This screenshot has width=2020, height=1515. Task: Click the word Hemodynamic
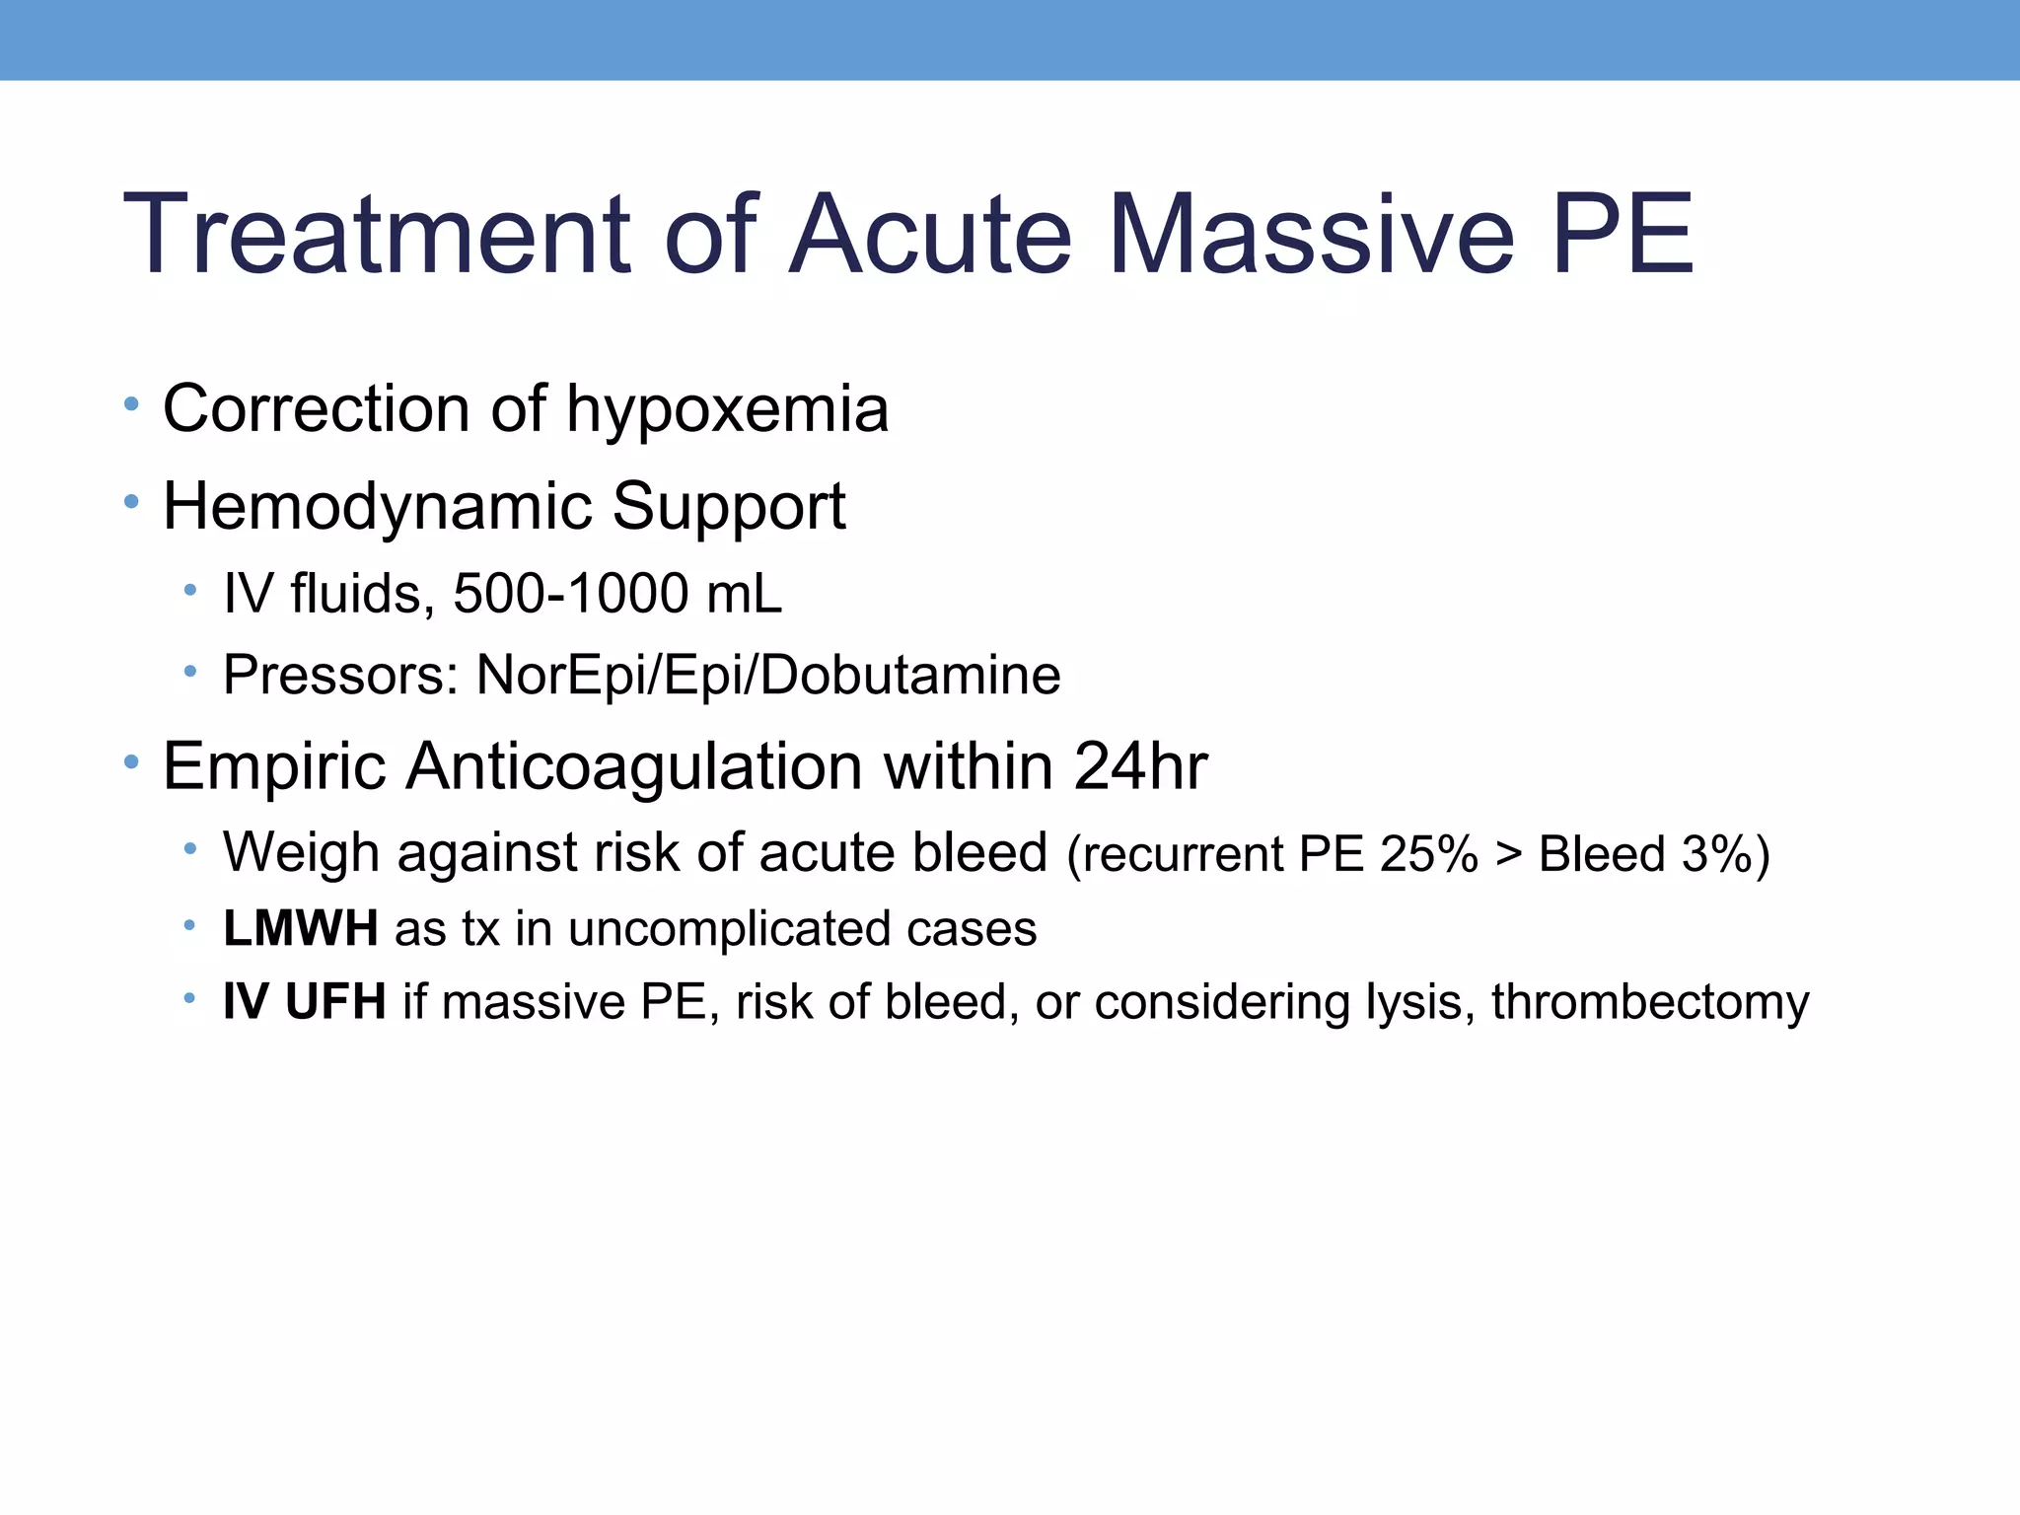point(377,507)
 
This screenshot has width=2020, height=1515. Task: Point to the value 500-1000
point(570,594)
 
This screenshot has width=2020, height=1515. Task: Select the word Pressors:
point(340,676)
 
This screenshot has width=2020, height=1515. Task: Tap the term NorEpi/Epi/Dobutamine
point(768,676)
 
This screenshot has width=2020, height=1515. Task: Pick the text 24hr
point(1140,765)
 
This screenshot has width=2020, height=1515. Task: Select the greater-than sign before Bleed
point(1508,854)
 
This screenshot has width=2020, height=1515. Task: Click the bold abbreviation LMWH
point(301,928)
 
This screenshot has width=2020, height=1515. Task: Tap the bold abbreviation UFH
point(335,1002)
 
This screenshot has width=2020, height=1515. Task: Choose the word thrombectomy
point(1650,1002)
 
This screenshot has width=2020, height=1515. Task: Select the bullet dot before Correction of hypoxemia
point(132,403)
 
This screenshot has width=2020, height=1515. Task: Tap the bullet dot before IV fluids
point(190,590)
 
